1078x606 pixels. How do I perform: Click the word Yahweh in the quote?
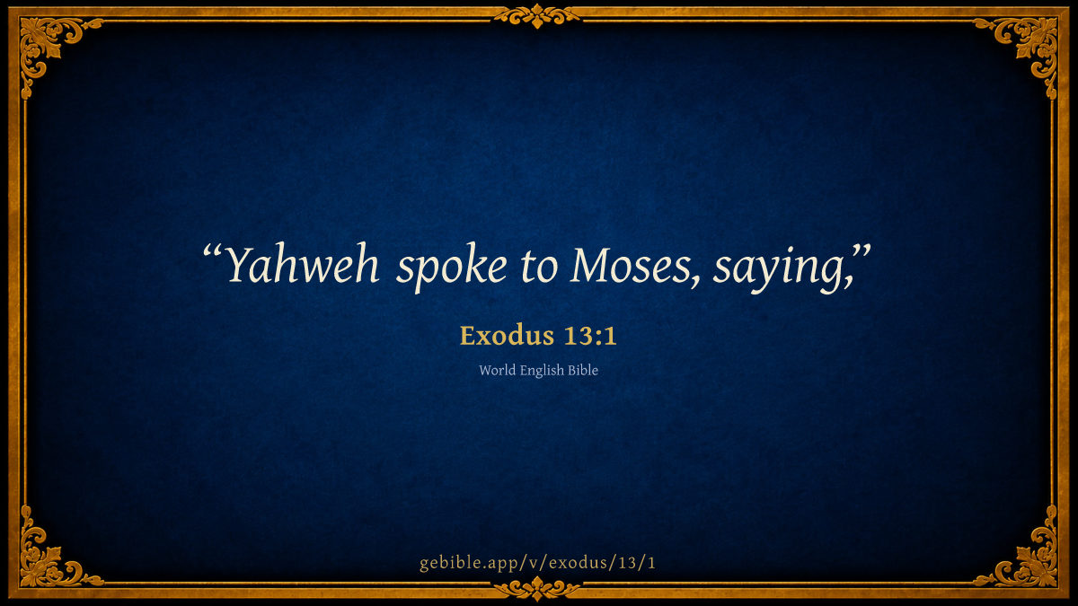(302, 266)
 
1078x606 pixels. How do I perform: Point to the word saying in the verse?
(779, 269)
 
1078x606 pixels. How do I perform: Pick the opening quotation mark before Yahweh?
(212, 252)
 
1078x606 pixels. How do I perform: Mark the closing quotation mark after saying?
(862, 252)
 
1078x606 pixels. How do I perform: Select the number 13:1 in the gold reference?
(590, 335)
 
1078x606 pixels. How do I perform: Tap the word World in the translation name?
(497, 370)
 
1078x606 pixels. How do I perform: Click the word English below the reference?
(542, 372)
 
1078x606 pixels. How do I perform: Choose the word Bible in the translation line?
(583, 370)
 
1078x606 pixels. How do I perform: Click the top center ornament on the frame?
(537, 16)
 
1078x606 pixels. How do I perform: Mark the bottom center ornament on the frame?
(537, 588)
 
